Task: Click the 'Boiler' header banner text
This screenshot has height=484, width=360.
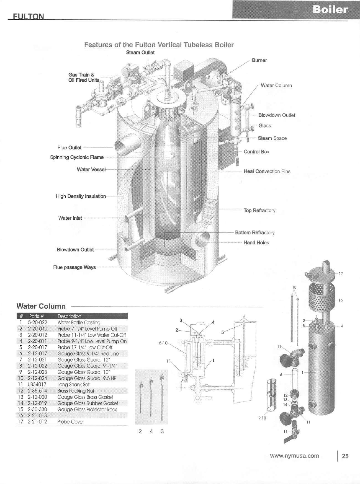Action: click(330, 10)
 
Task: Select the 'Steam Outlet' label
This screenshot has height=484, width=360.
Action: click(140, 53)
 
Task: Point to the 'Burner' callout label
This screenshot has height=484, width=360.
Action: click(259, 60)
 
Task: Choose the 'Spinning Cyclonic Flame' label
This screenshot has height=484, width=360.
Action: click(77, 157)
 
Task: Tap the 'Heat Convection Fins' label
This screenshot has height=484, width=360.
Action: click(267, 171)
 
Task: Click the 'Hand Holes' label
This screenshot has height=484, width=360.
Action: click(256, 243)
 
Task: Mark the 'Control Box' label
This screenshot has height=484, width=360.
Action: click(256, 152)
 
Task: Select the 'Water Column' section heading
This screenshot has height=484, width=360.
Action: click(41, 306)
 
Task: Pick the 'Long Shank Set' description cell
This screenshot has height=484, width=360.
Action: click(73, 385)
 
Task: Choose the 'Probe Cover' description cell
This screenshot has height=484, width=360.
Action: click(71, 422)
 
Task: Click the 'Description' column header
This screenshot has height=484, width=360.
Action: click(69, 316)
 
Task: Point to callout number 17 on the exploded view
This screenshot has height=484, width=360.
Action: click(341, 274)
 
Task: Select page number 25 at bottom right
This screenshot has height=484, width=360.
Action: click(345, 456)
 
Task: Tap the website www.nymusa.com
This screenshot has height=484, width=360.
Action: click(294, 456)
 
